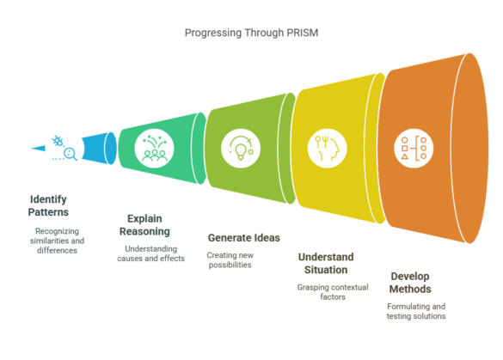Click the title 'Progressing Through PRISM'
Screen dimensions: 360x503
click(251, 33)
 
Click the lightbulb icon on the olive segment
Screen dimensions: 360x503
click(239, 146)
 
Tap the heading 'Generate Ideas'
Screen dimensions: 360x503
click(243, 237)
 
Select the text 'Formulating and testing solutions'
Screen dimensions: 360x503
click(416, 311)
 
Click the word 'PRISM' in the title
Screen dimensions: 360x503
click(299, 33)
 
